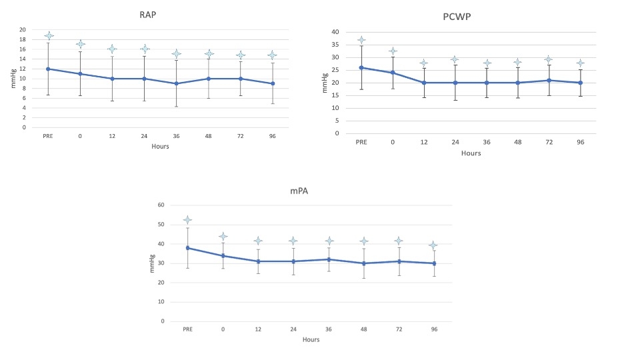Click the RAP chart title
(159, 14)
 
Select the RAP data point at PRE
(48, 69)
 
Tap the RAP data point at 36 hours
(176, 83)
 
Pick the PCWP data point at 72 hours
(549, 80)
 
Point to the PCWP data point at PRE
(361, 67)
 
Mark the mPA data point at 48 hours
(364, 263)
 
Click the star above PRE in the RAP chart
(48, 35)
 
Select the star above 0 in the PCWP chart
(393, 51)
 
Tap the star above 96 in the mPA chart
(434, 246)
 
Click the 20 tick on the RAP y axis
(22, 30)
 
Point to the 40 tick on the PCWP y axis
(335, 32)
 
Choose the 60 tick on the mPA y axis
(161, 205)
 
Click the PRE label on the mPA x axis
(187, 329)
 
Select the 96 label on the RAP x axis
(272, 135)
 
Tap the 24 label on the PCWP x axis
(455, 142)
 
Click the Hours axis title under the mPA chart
(311, 340)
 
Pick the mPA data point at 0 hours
(223, 255)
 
